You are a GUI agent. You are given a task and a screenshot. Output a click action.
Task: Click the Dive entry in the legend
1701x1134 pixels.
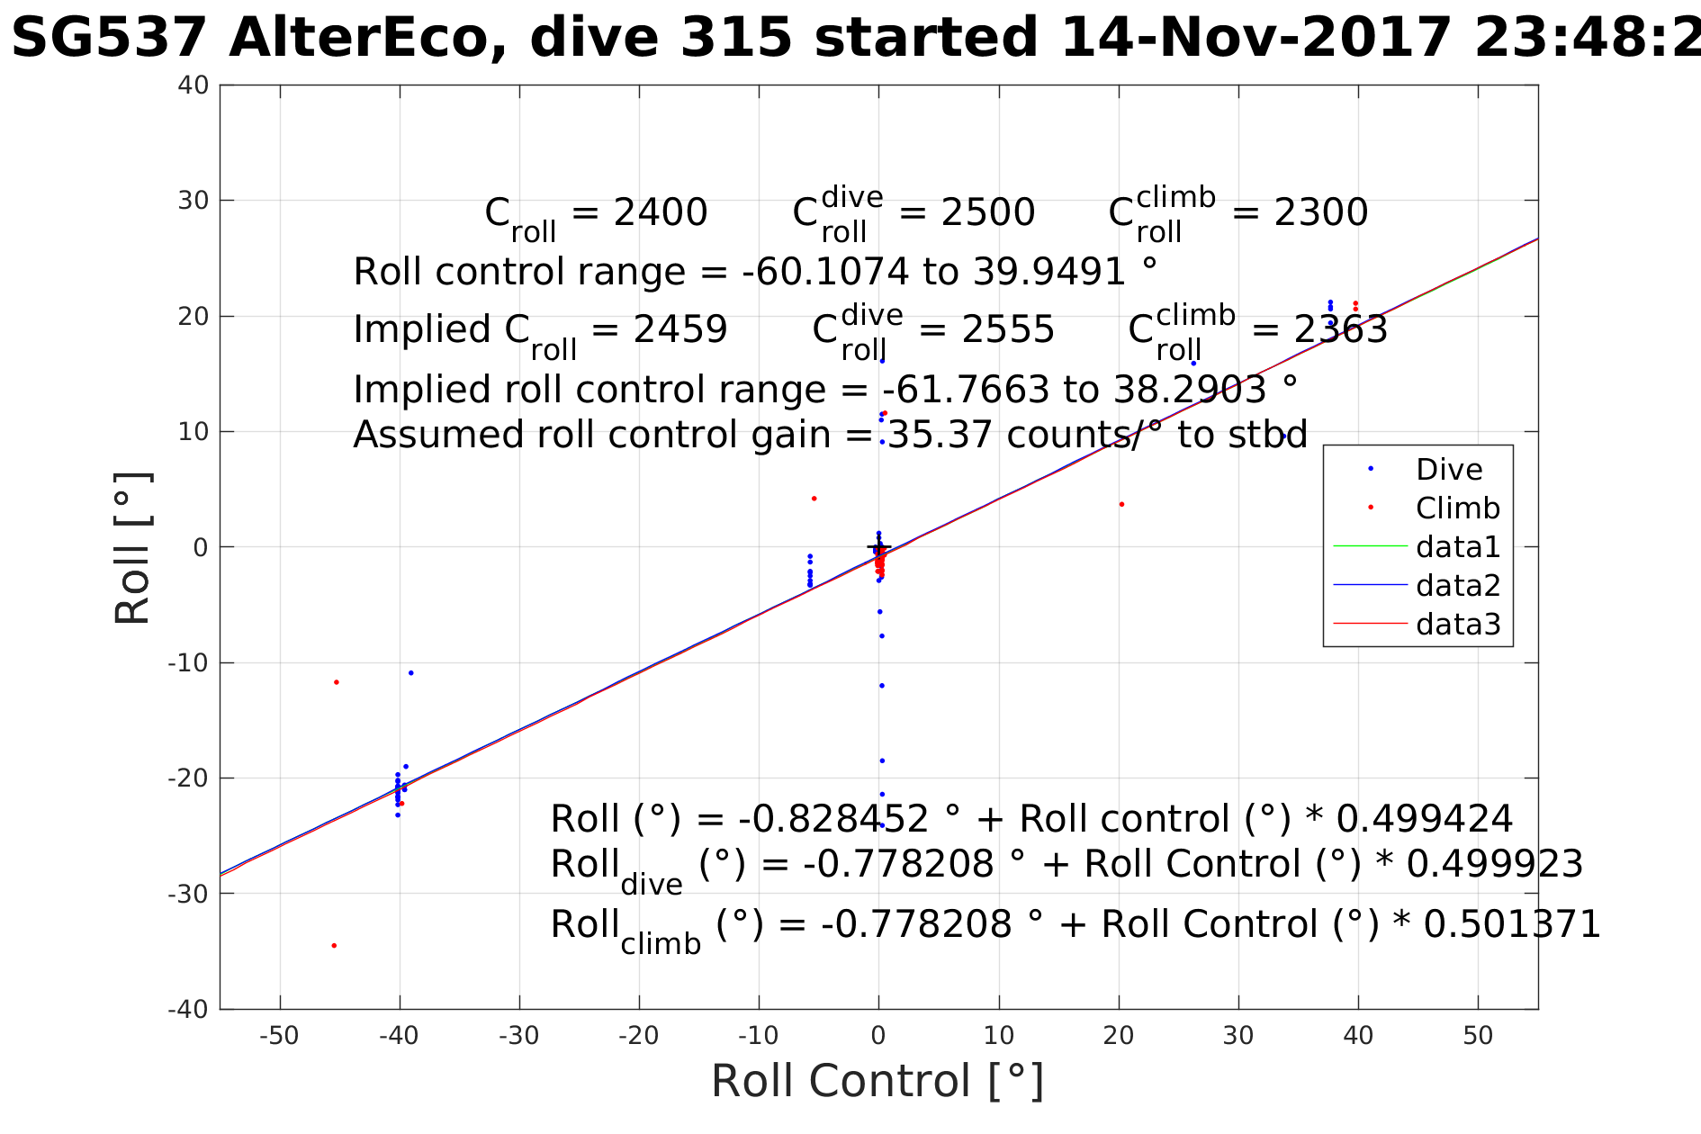[1448, 469]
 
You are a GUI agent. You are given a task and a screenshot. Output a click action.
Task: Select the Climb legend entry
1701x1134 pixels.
[1457, 508]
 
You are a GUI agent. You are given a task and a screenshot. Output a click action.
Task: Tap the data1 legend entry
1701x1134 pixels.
[1457, 546]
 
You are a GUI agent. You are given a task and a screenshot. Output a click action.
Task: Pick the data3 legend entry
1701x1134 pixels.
[1457, 624]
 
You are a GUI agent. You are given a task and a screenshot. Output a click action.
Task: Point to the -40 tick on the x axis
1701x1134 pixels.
[399, 1036]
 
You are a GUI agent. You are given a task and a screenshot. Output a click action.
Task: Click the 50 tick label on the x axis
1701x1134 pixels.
[1478, 1036]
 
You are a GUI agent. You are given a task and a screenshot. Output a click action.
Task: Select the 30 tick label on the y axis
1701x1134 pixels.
[193, 201]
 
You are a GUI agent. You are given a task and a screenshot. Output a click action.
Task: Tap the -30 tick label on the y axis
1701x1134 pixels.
[188, 894]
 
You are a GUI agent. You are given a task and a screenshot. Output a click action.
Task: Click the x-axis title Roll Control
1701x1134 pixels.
[877, 1081]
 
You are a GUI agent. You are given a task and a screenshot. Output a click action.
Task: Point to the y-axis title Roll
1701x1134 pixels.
[132, 548]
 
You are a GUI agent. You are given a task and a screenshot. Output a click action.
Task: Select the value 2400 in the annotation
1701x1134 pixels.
[660, 213]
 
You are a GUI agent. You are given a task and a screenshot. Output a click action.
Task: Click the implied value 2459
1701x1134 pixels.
[679, 330]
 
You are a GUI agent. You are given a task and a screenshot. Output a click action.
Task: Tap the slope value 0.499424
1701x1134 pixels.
[1424, 819]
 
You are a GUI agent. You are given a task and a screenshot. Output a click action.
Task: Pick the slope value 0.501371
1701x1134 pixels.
[1511, 924]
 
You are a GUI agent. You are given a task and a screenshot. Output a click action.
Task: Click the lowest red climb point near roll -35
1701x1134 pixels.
[334, 946]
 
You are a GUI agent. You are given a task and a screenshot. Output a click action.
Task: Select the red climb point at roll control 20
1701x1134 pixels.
[1121, 504]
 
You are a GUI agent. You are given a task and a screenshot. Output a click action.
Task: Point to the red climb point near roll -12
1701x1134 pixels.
[337, 682]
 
